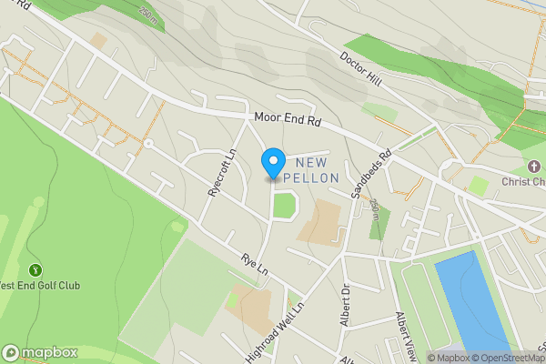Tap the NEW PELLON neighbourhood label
(311, 168)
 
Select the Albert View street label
(404, 334)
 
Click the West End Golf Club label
(40, 286)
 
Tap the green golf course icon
(35, 269)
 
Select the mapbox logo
(41, 352)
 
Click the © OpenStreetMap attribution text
(509, 358)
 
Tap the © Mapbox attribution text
(449, 358)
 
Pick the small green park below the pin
(285, 206)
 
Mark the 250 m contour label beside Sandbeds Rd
(374, 211)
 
